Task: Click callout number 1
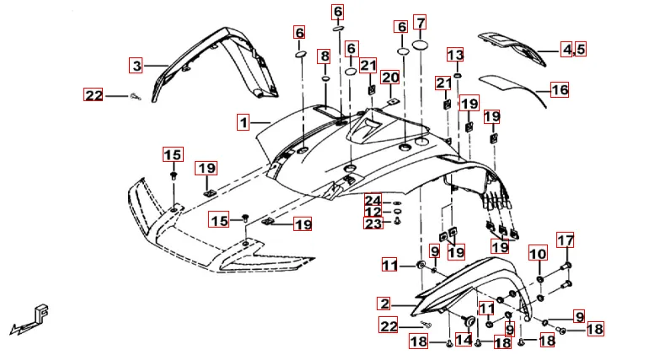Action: click(243, 123)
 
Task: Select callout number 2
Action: click(384, 304)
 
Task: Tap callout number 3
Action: click(137, 65)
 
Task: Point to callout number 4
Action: click(567, 50)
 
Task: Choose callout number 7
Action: click(420, 22)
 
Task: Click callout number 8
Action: click(324, 56)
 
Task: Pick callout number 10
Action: click(537, 254)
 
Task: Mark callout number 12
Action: click(373, 211)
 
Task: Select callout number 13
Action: click(455, 56)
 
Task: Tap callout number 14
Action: click(464, 340)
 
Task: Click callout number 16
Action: click(560, 89)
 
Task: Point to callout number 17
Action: click(565, 239)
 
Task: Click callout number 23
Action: click(373, 223)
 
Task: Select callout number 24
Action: click(373, 199)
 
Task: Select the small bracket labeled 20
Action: click(392, 103)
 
